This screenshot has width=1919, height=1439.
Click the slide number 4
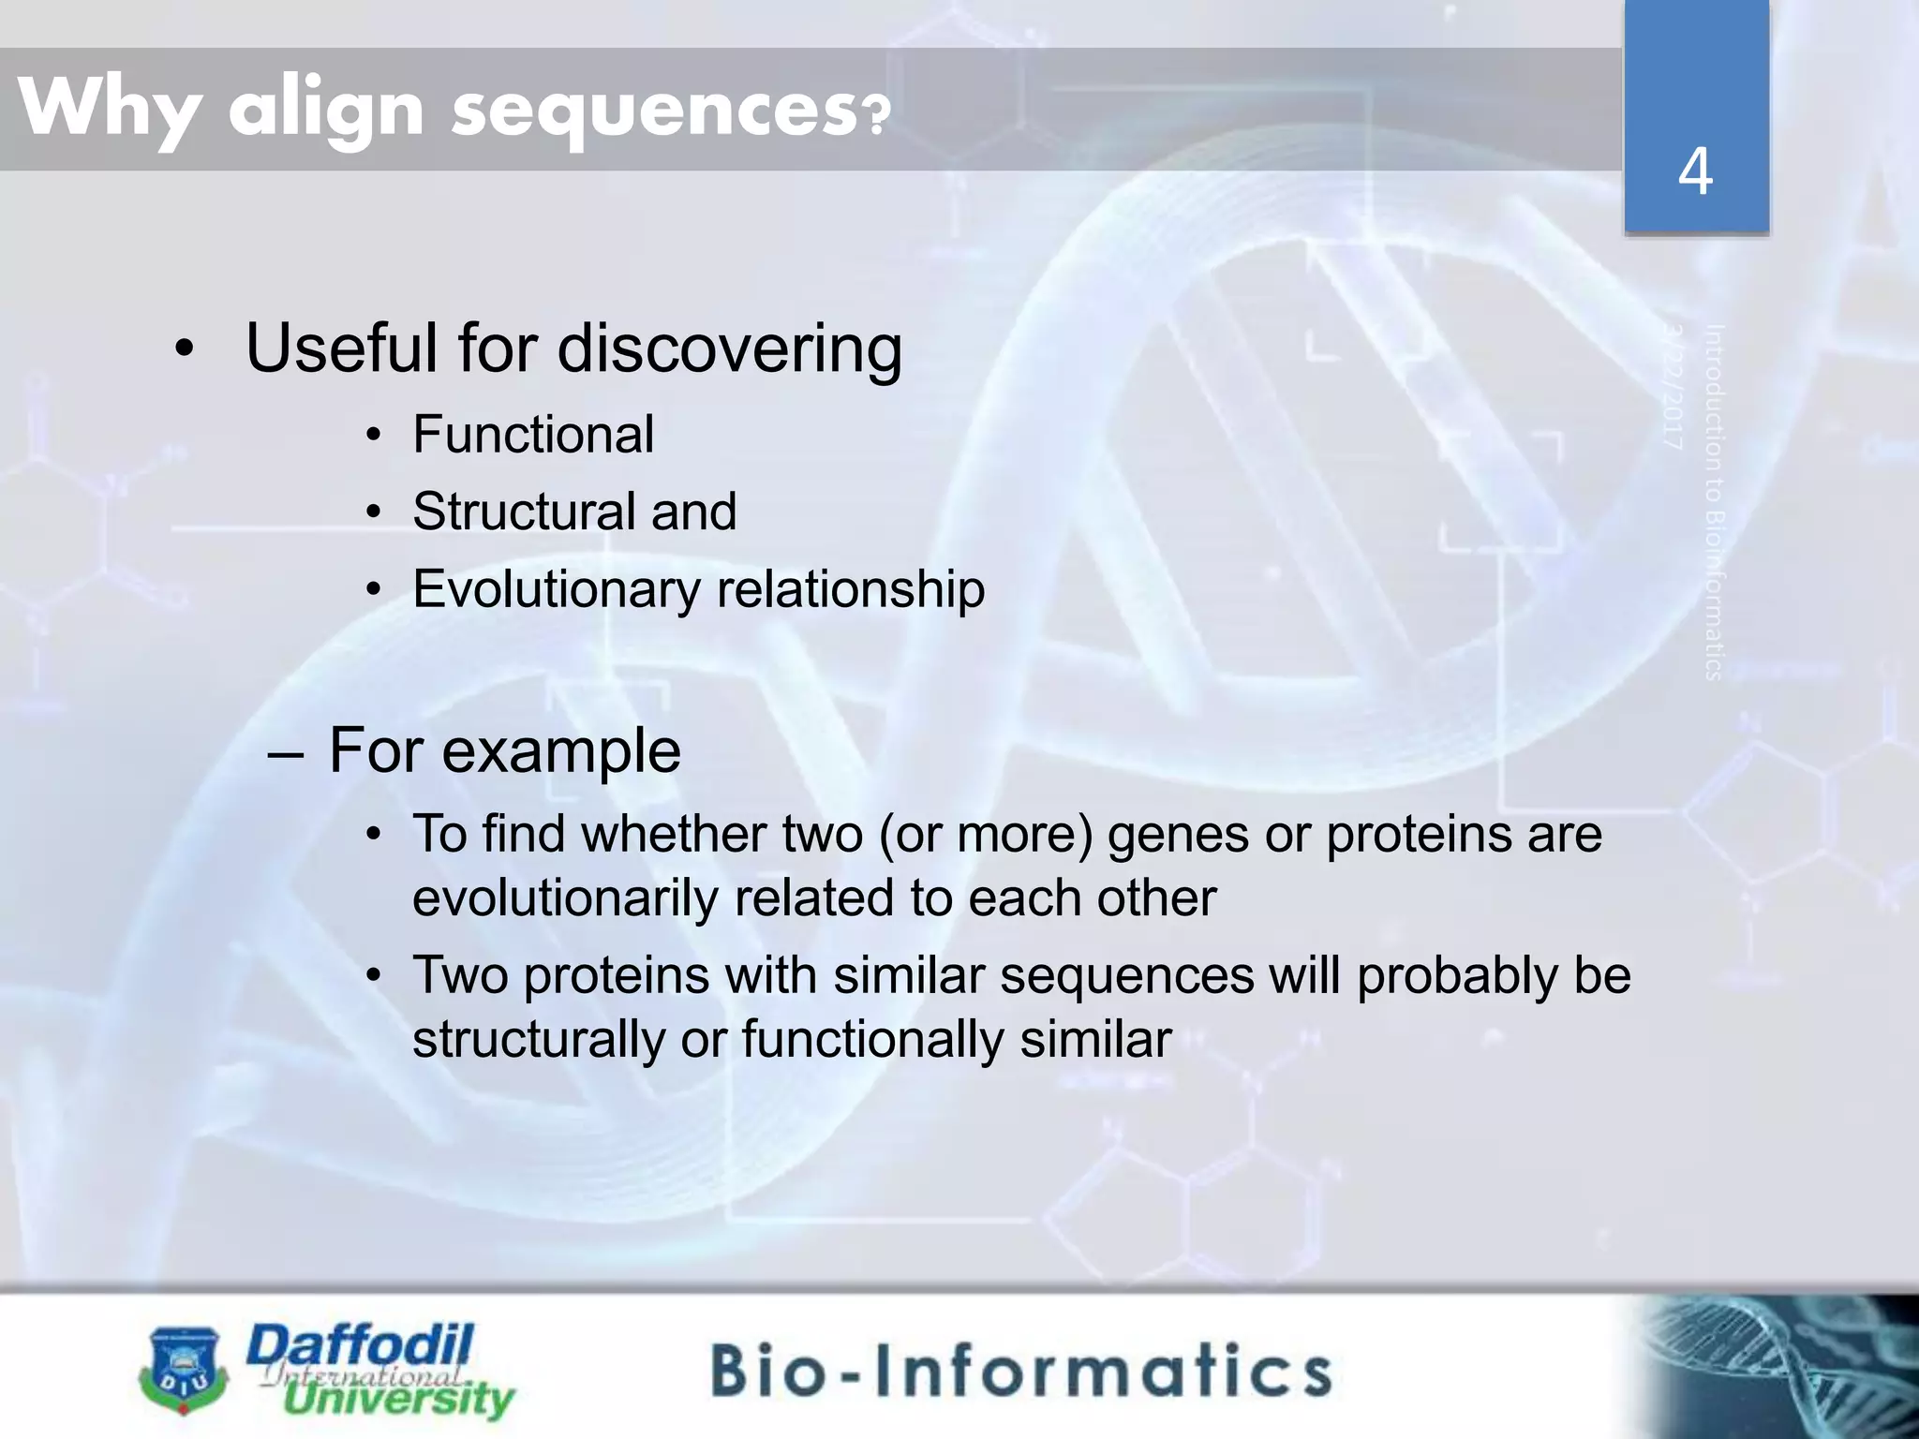pos(1695,172)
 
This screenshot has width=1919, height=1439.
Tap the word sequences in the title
pos(652,110)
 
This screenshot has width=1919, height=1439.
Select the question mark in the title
pos(875,116)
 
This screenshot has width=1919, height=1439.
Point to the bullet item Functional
pos(532,435)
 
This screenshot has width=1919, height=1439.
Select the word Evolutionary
pos(556,590)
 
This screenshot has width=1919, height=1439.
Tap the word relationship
pos(850,589)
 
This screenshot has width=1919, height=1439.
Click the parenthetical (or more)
pos(986,834)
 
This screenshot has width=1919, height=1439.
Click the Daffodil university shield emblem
pos(184,1368)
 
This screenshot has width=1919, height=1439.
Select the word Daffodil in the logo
pos(360,1347)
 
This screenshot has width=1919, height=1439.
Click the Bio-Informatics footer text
pos(1020,1371)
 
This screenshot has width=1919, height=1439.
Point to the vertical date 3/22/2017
pos(1674,386)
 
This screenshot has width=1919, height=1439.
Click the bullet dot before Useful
pos(185,350)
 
